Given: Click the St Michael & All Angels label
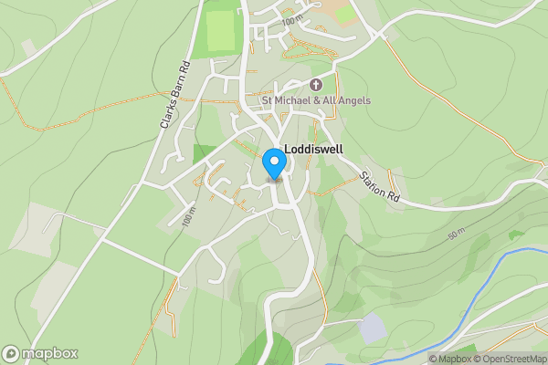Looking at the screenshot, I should pyautogui.click(x=316, y=100).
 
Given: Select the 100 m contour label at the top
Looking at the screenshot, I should pyautogui.click(x=292, y=20).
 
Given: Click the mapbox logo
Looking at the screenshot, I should pyautogui.click(x=40, y=353).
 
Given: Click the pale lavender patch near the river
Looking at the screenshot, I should pyautogui.click(x=373, y=327).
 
